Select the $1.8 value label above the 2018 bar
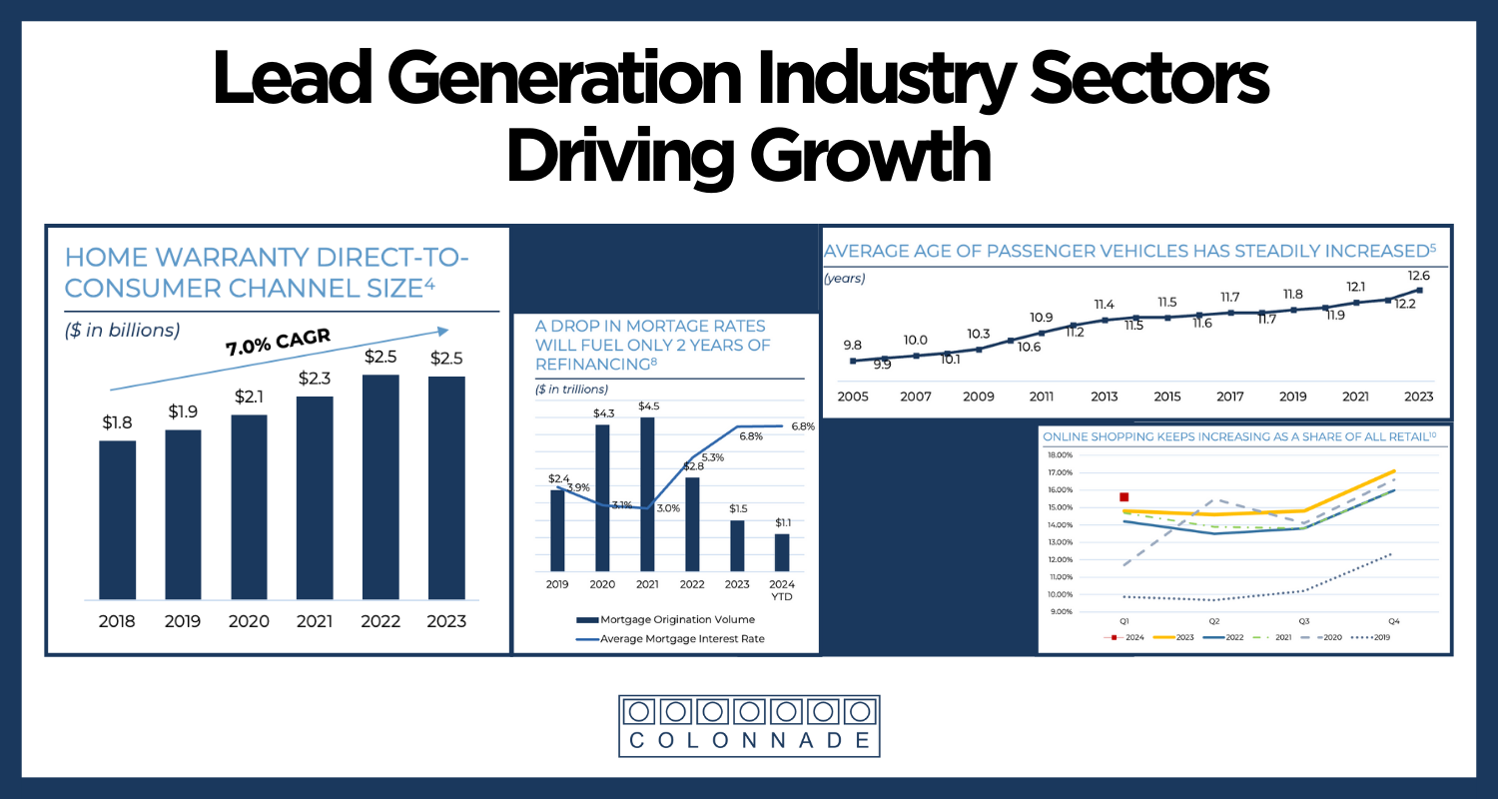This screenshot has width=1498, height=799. click(x=117, y=422)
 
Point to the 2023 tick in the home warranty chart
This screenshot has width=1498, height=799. click(x=446, y=621)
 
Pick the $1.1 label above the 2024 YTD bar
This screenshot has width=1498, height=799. click(x=783, y=522)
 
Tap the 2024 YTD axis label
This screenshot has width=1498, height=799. click(x=783, y=590)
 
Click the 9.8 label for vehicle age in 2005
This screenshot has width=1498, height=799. click(x=853, y=346)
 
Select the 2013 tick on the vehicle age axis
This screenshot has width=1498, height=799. click(x=1104, y=397)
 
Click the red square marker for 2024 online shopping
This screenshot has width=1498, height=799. click(x=1123, y=496)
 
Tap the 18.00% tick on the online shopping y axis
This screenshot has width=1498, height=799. click(x=1060, y=455)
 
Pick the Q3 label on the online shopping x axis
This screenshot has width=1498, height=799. click(x=1304, y=621)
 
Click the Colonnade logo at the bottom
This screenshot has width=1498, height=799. click(x=749, y=724)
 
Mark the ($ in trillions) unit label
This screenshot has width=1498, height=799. click(x=571, y=390)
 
